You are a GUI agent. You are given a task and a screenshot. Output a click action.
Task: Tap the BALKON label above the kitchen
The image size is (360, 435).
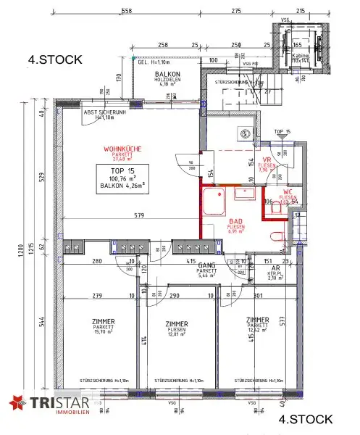167,75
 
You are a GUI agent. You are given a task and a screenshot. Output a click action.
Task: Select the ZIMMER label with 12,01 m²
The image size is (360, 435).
176,324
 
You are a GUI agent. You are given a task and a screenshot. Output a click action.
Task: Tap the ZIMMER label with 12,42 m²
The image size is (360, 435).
256,320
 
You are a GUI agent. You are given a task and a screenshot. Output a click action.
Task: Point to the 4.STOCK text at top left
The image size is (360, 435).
54,59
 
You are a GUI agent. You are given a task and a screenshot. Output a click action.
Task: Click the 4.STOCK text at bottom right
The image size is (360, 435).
306,418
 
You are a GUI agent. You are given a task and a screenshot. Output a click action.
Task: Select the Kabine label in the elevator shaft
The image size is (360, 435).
301,55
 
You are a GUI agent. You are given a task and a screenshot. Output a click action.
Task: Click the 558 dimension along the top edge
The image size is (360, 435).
126,12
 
